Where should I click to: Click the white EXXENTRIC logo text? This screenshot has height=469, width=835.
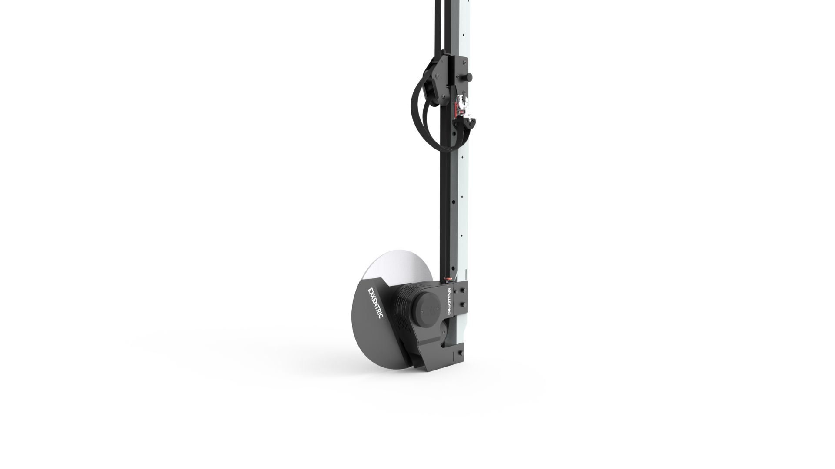[375, 304]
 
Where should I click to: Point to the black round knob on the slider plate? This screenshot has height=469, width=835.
[470, 77]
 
